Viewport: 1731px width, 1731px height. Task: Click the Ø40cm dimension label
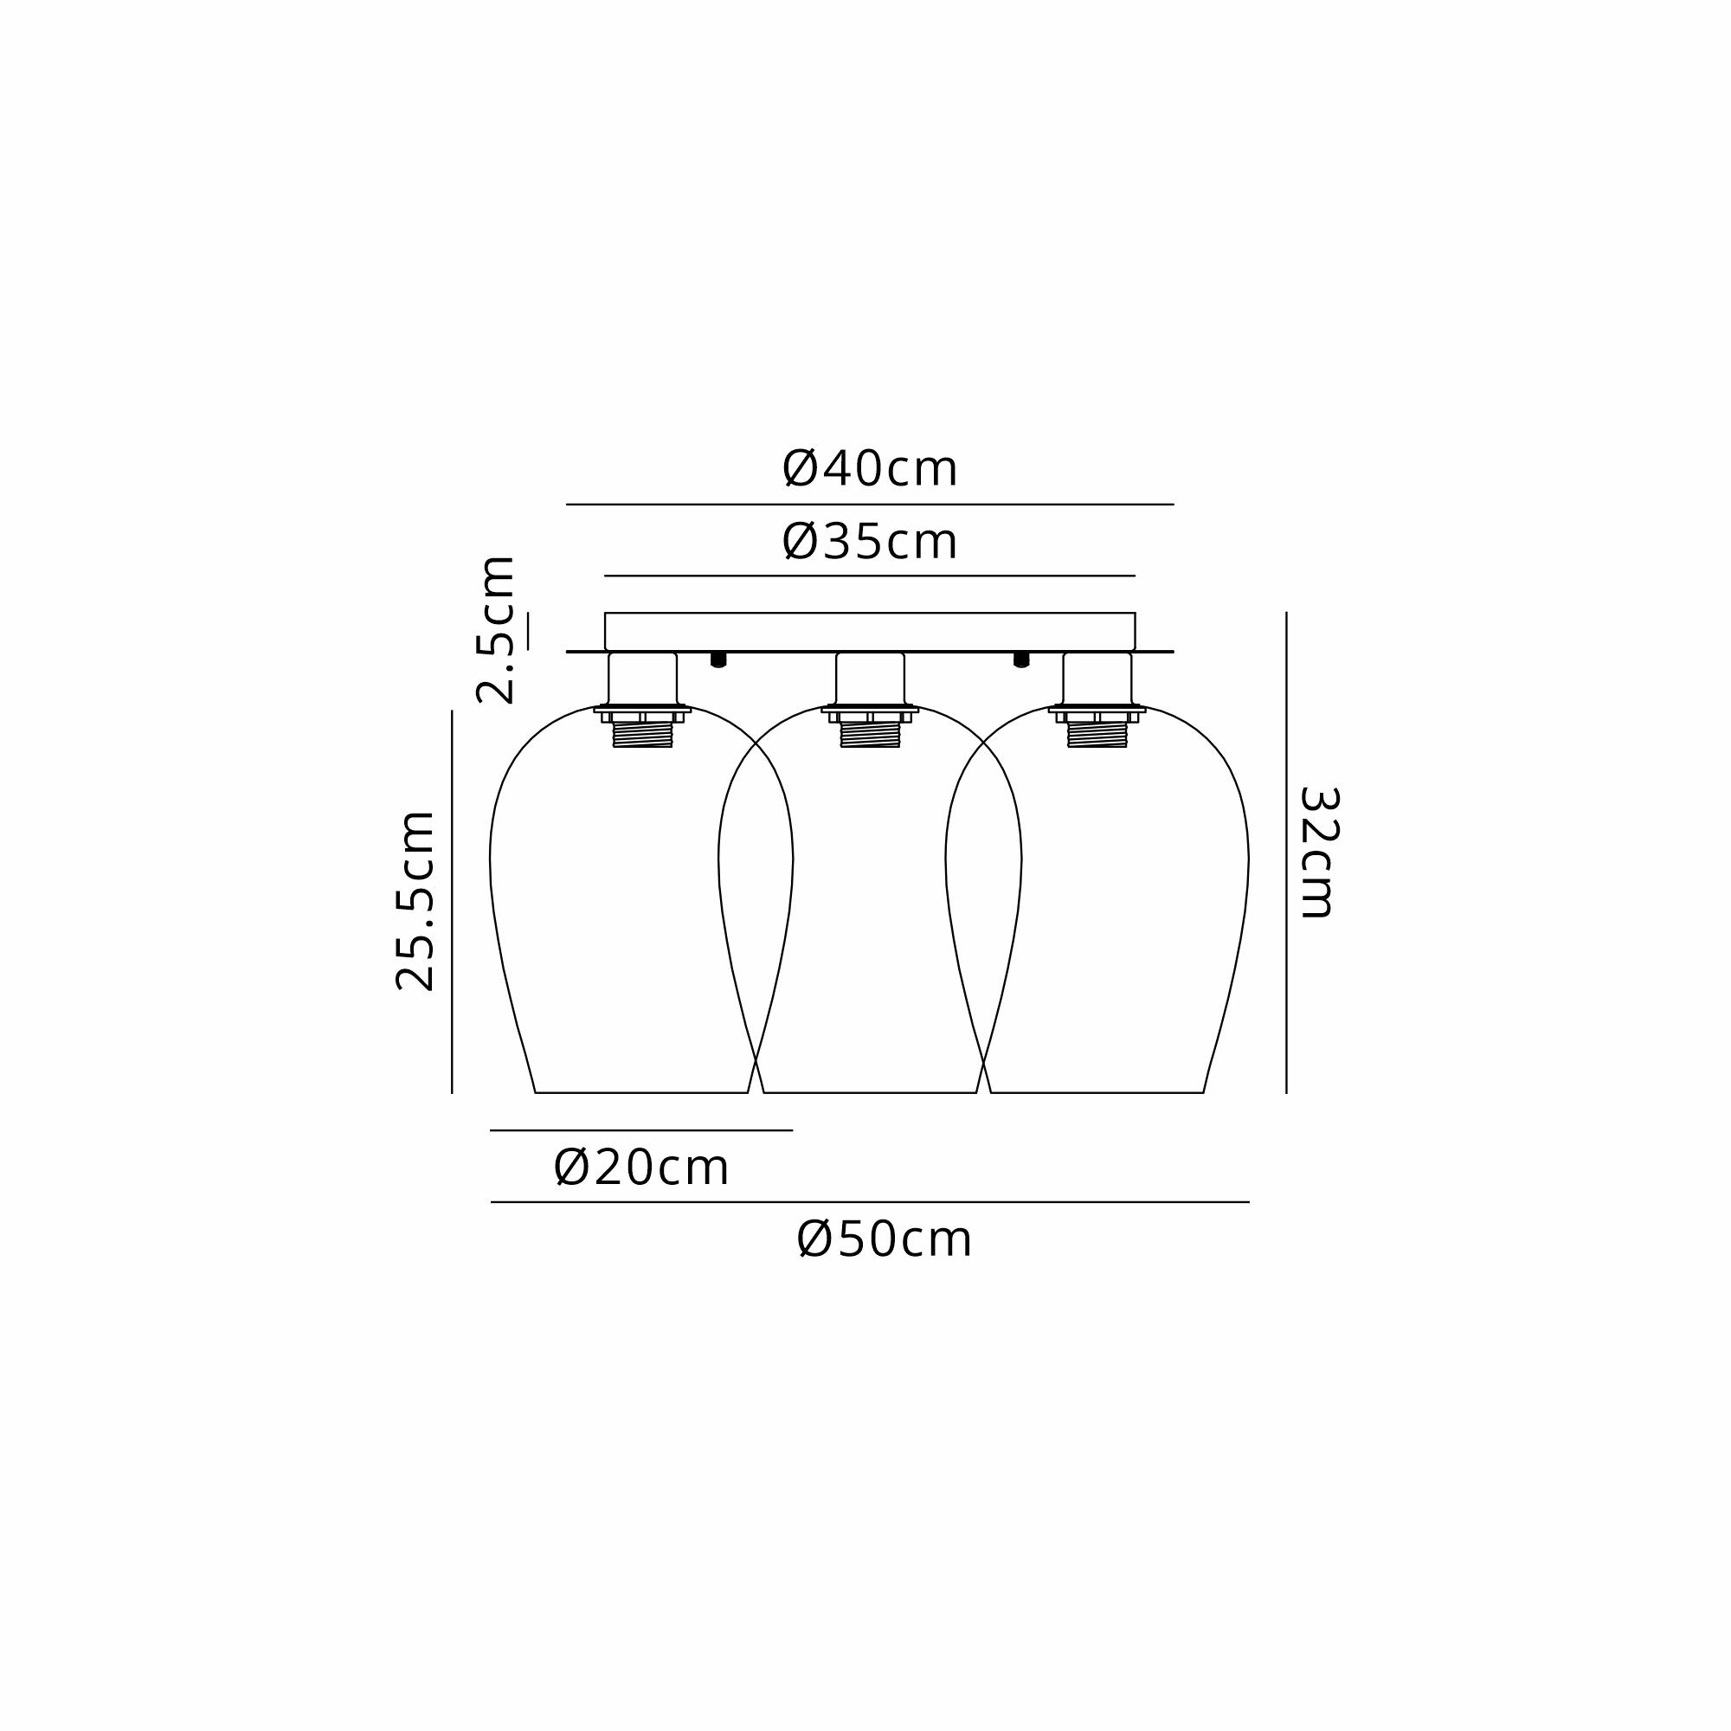[x=870, y=468]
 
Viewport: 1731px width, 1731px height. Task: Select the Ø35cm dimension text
[x=870, y=542]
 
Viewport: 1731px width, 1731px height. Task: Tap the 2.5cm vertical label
[x=496, y=630]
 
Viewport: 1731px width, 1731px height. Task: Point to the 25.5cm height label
[x=415, y=900]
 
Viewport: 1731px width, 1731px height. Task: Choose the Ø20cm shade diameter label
[x=641, y=1168]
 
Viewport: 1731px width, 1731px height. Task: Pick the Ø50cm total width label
[x=885, y=1241]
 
